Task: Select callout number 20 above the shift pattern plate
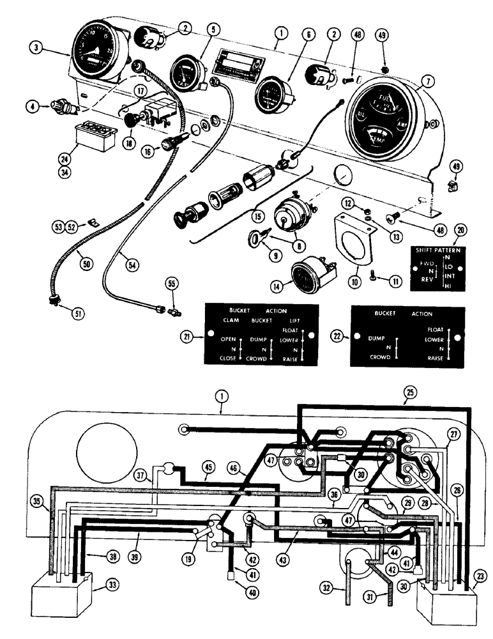(460, 231)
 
